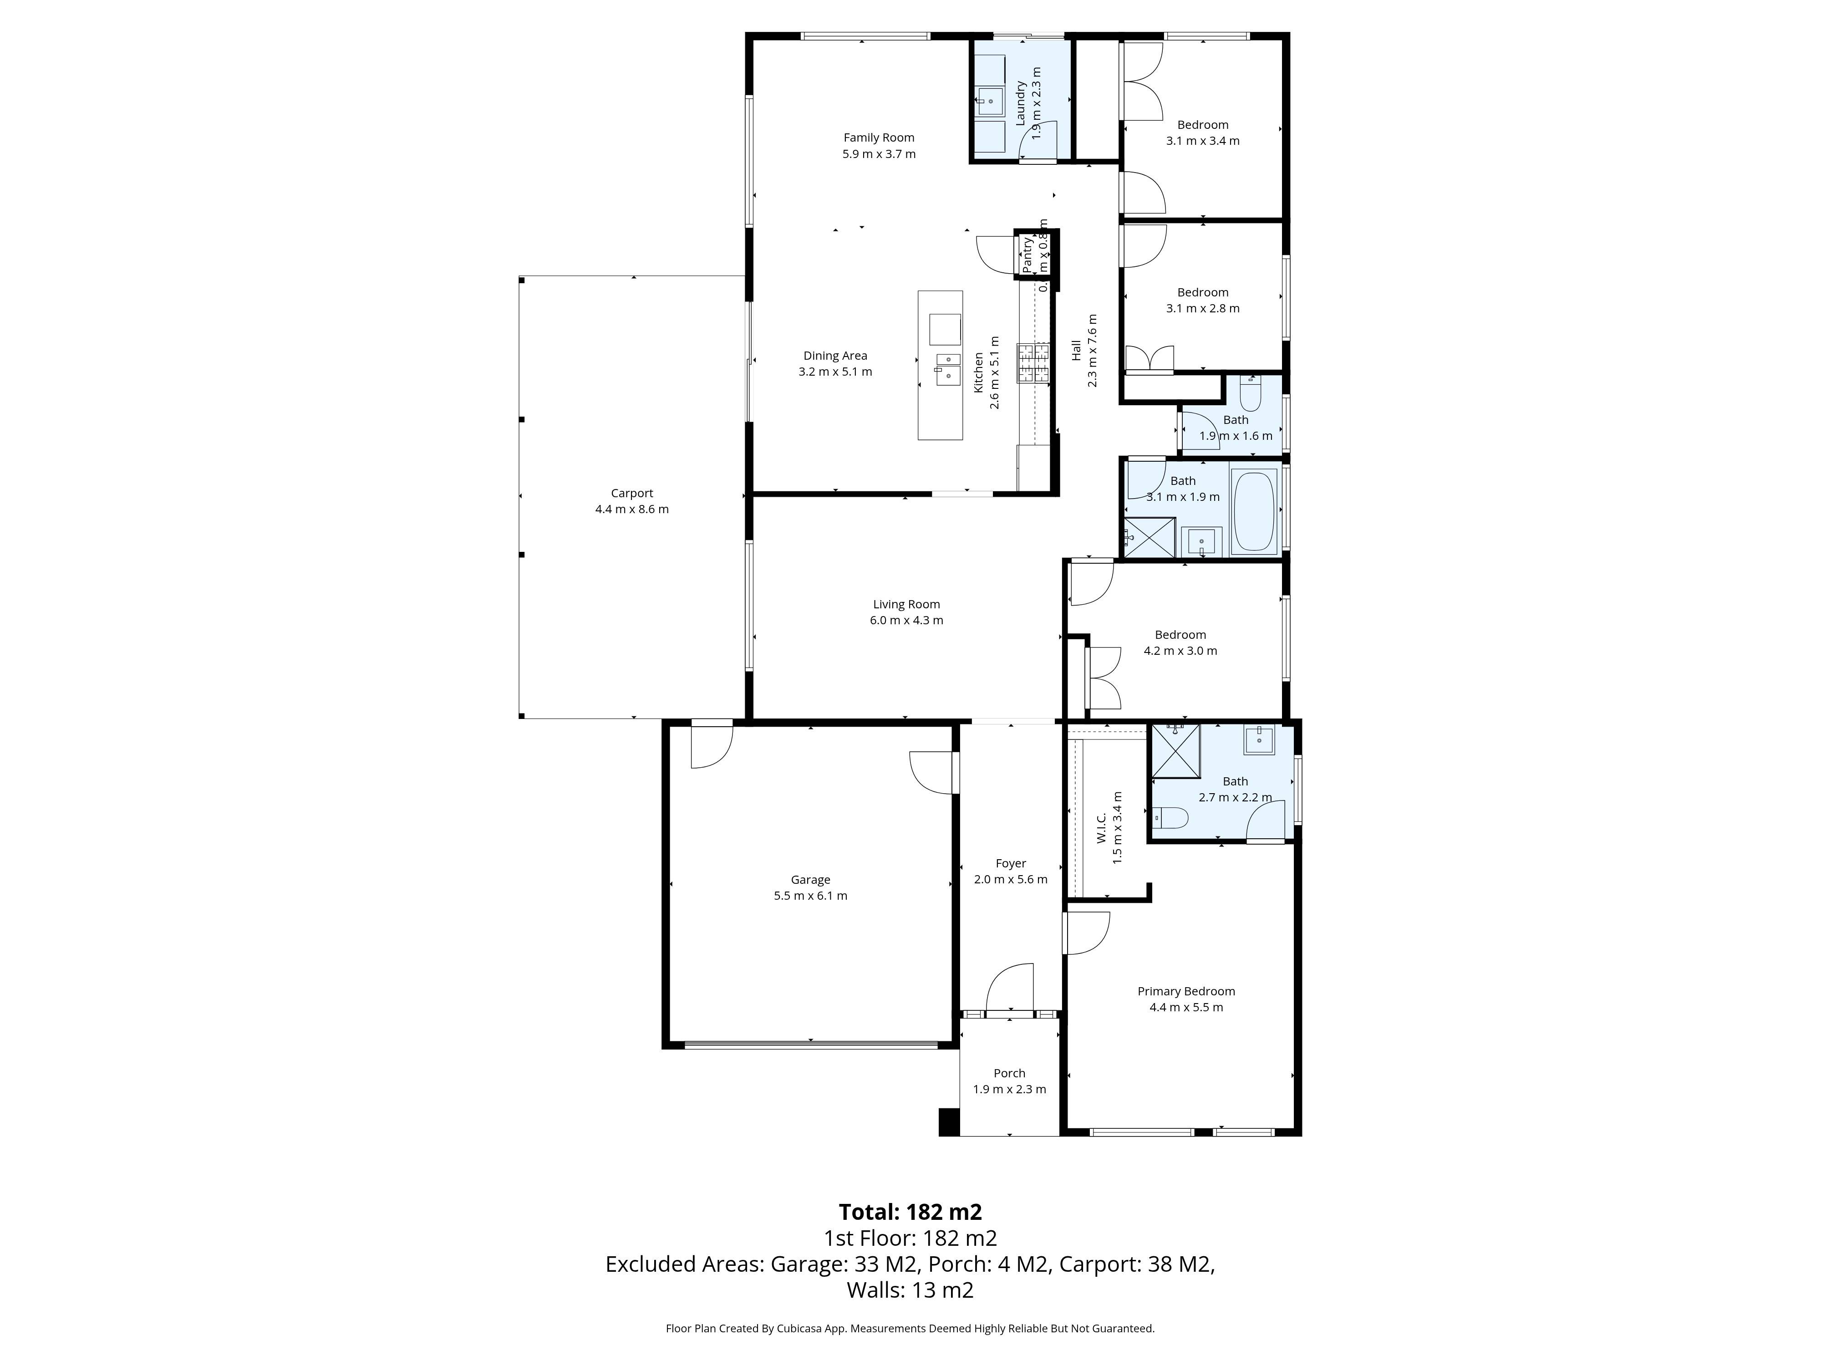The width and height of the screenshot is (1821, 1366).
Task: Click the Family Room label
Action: (x=878, y=138)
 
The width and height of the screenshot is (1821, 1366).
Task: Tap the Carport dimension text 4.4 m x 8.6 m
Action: (x=631, y=509)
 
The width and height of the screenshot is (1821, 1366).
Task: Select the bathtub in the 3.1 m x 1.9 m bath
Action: (x=1254, y=510)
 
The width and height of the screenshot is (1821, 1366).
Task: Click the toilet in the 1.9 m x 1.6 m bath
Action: (x=1250, y=395)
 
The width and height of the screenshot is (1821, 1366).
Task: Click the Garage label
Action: (x=810, y=879)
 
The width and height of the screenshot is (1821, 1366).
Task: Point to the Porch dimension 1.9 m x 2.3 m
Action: (x=1009, y=1089)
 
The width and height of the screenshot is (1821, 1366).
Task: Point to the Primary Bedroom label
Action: (x=1185, y=991)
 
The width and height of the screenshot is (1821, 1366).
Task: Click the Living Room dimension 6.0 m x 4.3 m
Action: (x=906, y=620)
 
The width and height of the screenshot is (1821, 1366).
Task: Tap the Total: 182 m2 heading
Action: (x=910, y=1212)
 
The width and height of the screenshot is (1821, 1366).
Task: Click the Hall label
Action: (x=1076, y=351)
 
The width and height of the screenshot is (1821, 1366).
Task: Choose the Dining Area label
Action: (x=835, y=356)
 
